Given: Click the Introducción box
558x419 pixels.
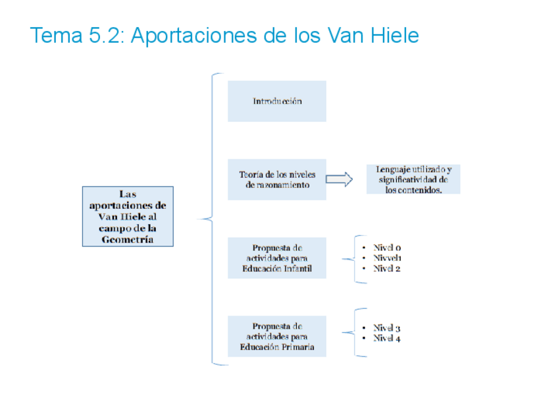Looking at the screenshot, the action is pos(277,101).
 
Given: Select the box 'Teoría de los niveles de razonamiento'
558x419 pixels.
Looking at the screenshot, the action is pos(277,180).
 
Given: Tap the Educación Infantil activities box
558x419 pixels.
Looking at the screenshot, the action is pos(277,258).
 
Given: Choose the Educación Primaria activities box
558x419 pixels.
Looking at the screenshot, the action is pos(277,336).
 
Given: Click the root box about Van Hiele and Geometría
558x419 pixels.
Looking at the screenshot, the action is pos(128,216).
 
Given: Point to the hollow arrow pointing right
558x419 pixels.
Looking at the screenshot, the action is pos(340,180).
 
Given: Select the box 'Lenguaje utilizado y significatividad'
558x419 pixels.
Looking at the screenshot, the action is pos(413,179).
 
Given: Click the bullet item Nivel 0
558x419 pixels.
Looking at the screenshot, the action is pos(387,248).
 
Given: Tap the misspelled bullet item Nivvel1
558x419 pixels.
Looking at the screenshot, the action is pos(387,258).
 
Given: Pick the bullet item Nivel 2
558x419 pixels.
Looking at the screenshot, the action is pos(387,269).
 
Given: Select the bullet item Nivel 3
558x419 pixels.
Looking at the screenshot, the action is pos(387,327).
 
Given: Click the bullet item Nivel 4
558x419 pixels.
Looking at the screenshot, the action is pos(387,338).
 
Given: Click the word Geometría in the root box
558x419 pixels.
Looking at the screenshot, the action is pos(128,240).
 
